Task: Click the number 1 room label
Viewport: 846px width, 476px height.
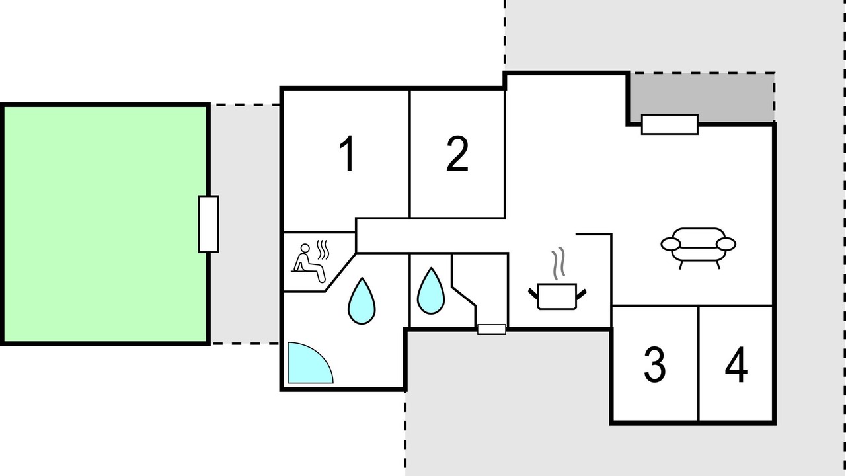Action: point(347,153)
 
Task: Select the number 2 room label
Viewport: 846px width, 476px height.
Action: point(457,153)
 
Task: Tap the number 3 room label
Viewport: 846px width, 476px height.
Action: point(654,364)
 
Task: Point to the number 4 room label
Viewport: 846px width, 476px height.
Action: point(736,364)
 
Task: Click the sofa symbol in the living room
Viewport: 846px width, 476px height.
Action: point(699,248)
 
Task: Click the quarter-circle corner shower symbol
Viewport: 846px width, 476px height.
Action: point(310,363)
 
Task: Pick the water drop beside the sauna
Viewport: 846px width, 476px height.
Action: point(362,301)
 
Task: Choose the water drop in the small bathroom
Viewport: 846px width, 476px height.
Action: point(430,291)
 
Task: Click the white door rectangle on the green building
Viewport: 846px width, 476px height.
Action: point(208,224)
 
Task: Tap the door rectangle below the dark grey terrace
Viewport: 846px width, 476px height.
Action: point(670,124)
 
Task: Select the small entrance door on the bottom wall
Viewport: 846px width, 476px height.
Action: point(491,329)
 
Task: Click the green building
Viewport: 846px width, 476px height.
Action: point(105,224)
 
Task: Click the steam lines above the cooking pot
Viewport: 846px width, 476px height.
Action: point(558,263)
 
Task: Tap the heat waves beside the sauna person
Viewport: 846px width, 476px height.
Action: point(323,250)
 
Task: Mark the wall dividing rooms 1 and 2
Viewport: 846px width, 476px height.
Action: point(410,154)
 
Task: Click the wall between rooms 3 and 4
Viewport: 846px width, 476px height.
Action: point(699,364)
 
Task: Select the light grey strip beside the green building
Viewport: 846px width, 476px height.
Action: point(245,224)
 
